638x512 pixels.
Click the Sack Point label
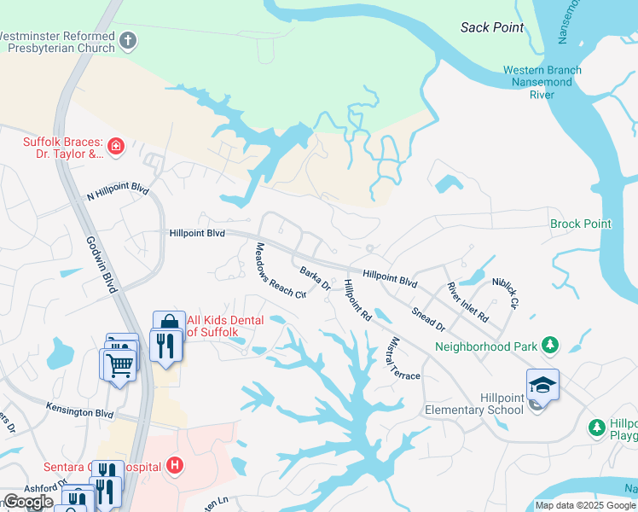[492, 27]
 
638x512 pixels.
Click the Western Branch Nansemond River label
[542, 82]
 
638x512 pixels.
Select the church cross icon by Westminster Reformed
[128, 40]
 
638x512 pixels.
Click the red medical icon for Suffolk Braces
[116, 147]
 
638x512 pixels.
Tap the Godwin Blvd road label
[100, 265]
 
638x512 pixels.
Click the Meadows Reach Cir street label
[280, 271]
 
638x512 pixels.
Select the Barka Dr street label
[315, 279]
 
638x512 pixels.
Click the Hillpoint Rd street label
[357, 300]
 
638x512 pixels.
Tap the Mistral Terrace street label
[399, 357]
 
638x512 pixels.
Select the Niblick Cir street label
[504, 292]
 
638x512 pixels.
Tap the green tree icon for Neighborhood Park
[551, 346]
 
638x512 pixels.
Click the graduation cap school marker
[542, 385]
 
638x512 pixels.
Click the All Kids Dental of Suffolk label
[224, 325]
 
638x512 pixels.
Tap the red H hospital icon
[175, 465]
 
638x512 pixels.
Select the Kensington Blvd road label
[80, 413]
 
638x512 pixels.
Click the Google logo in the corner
[28, 502]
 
